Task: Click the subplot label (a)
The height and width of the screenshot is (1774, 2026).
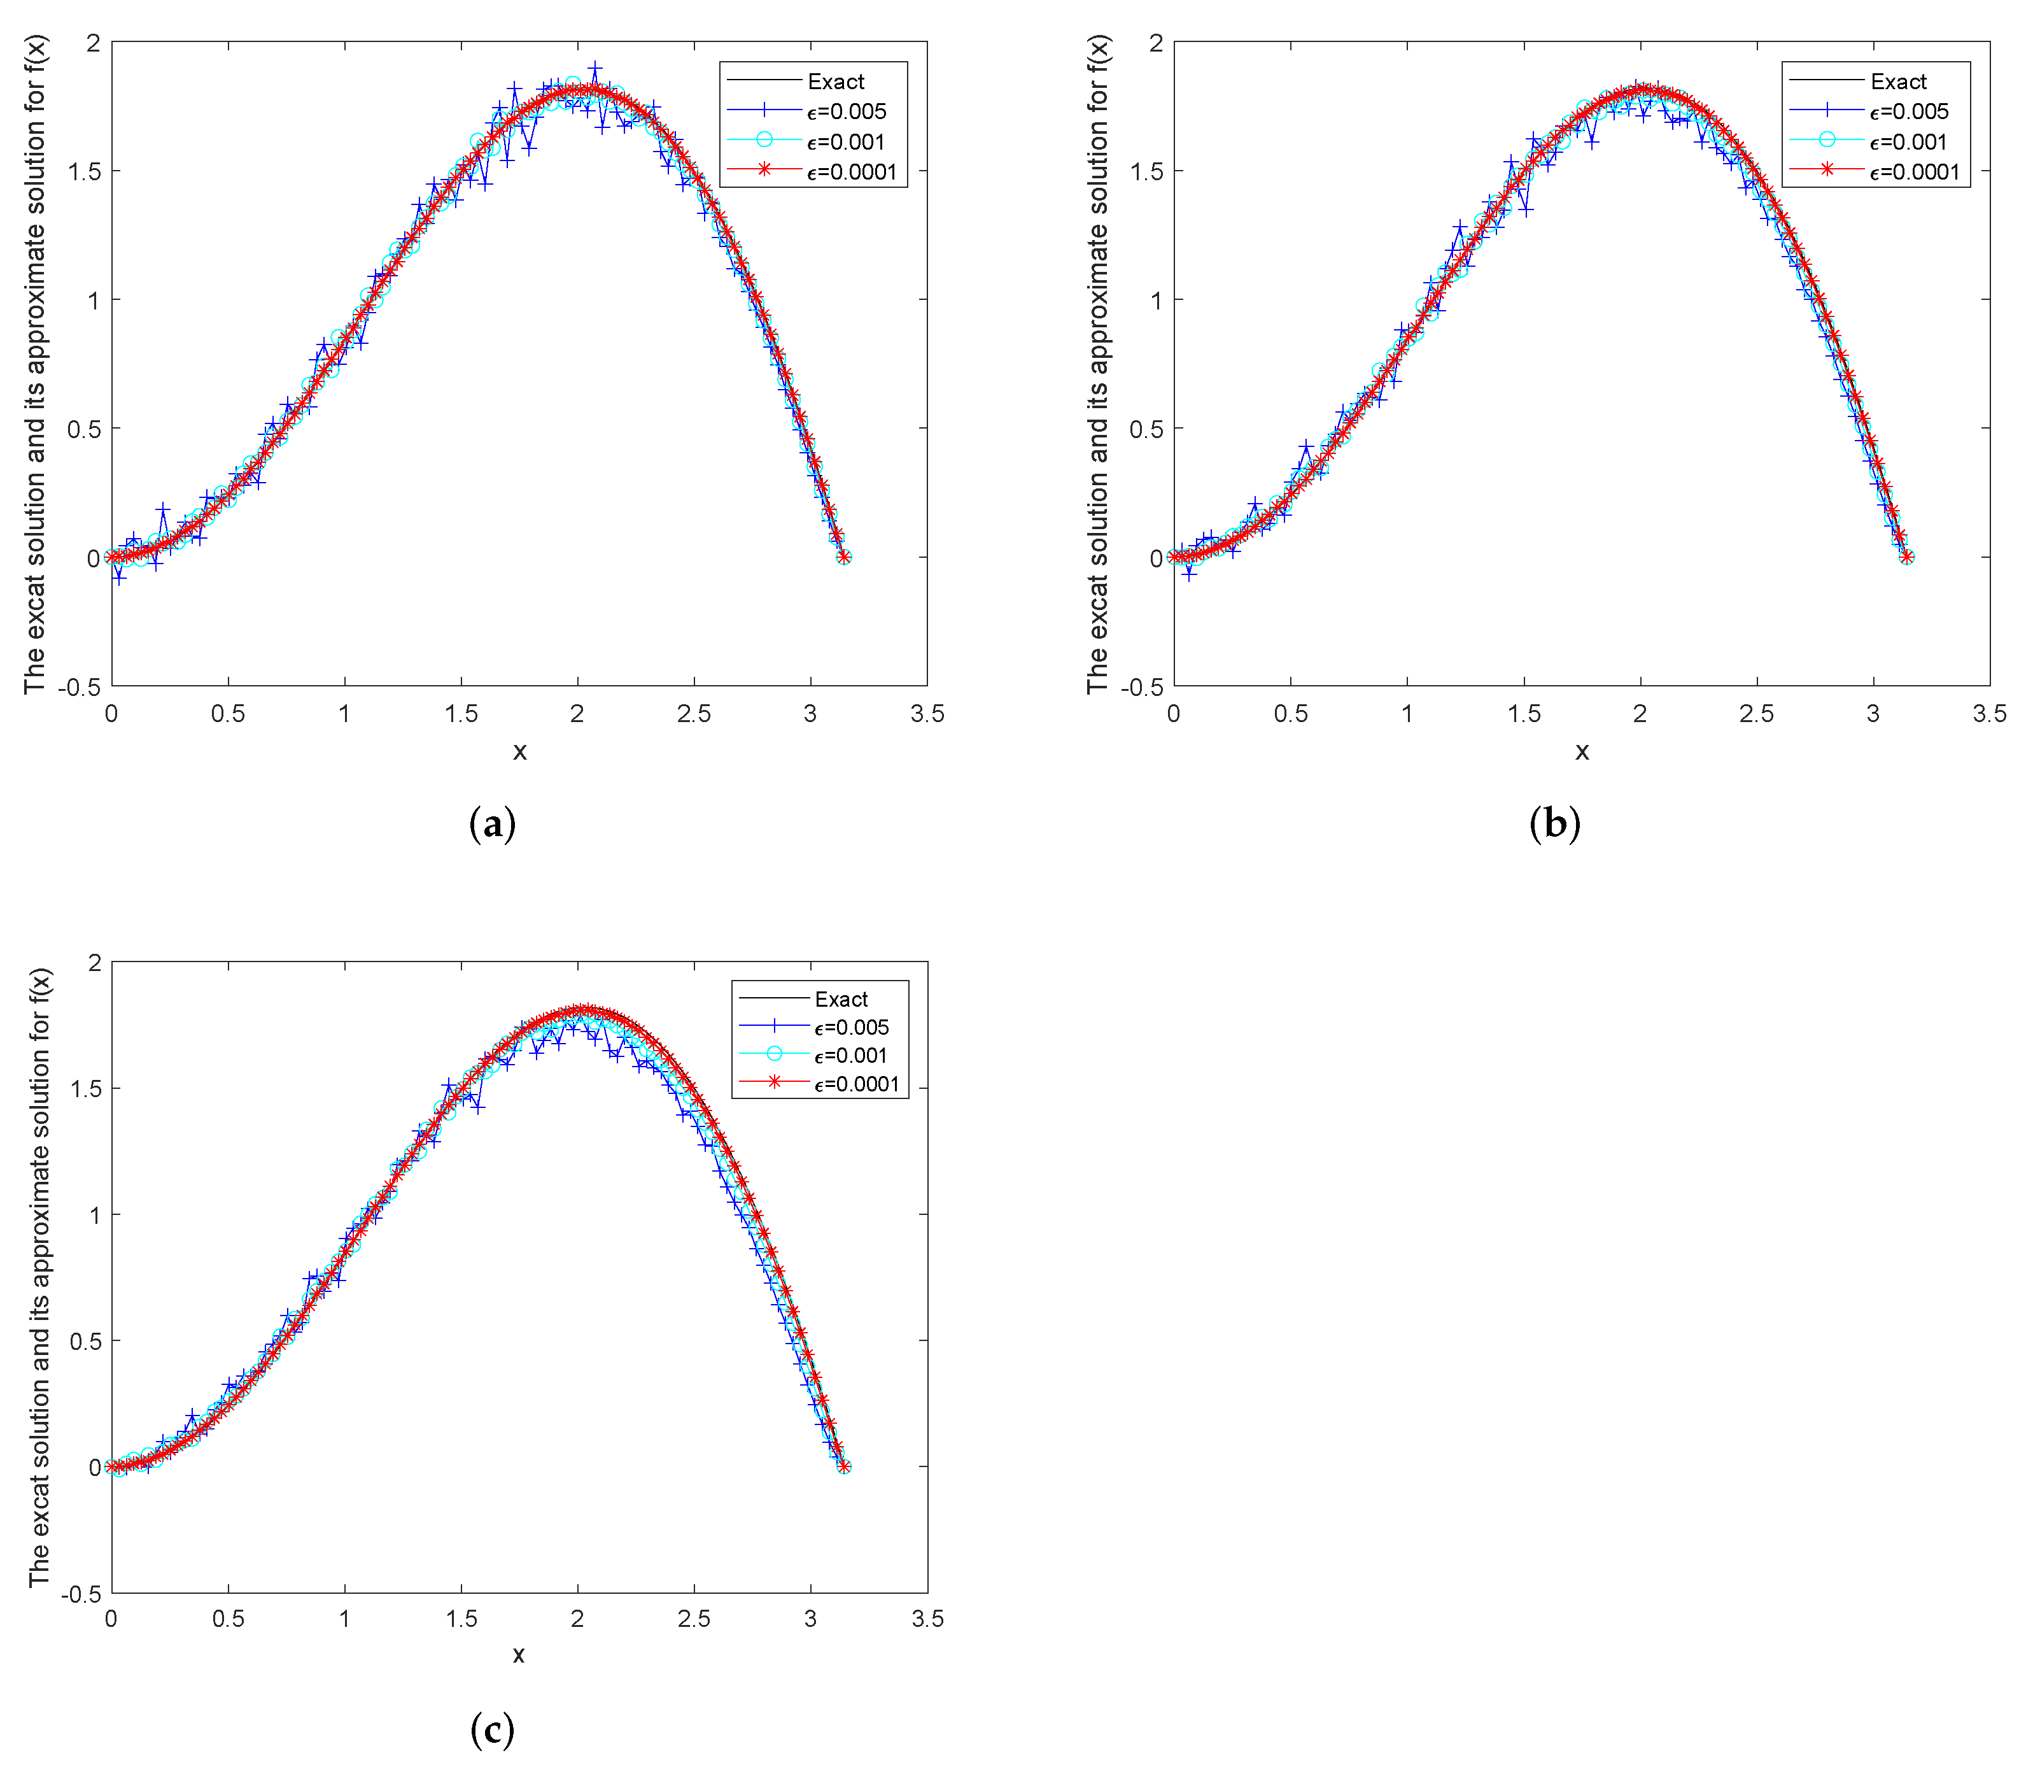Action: pyautogui.click(x=492, y=824)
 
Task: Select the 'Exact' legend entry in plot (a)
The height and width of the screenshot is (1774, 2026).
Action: pyautogui.click(x=835, y=81)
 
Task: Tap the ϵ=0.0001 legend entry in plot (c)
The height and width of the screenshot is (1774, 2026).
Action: pyautogui.click(x=856, y=1084)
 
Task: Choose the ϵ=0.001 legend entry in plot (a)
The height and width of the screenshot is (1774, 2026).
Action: pyautogui.click(x=845, y=141)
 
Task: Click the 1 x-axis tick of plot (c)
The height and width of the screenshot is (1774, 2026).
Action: pyautogui.click(x=344, y=1619)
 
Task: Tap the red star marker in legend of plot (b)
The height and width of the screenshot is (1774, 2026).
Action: pyautogui.click(x=1827, y=170)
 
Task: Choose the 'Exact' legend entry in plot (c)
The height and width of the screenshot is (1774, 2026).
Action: pyautogui.click(x=840, y=999)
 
